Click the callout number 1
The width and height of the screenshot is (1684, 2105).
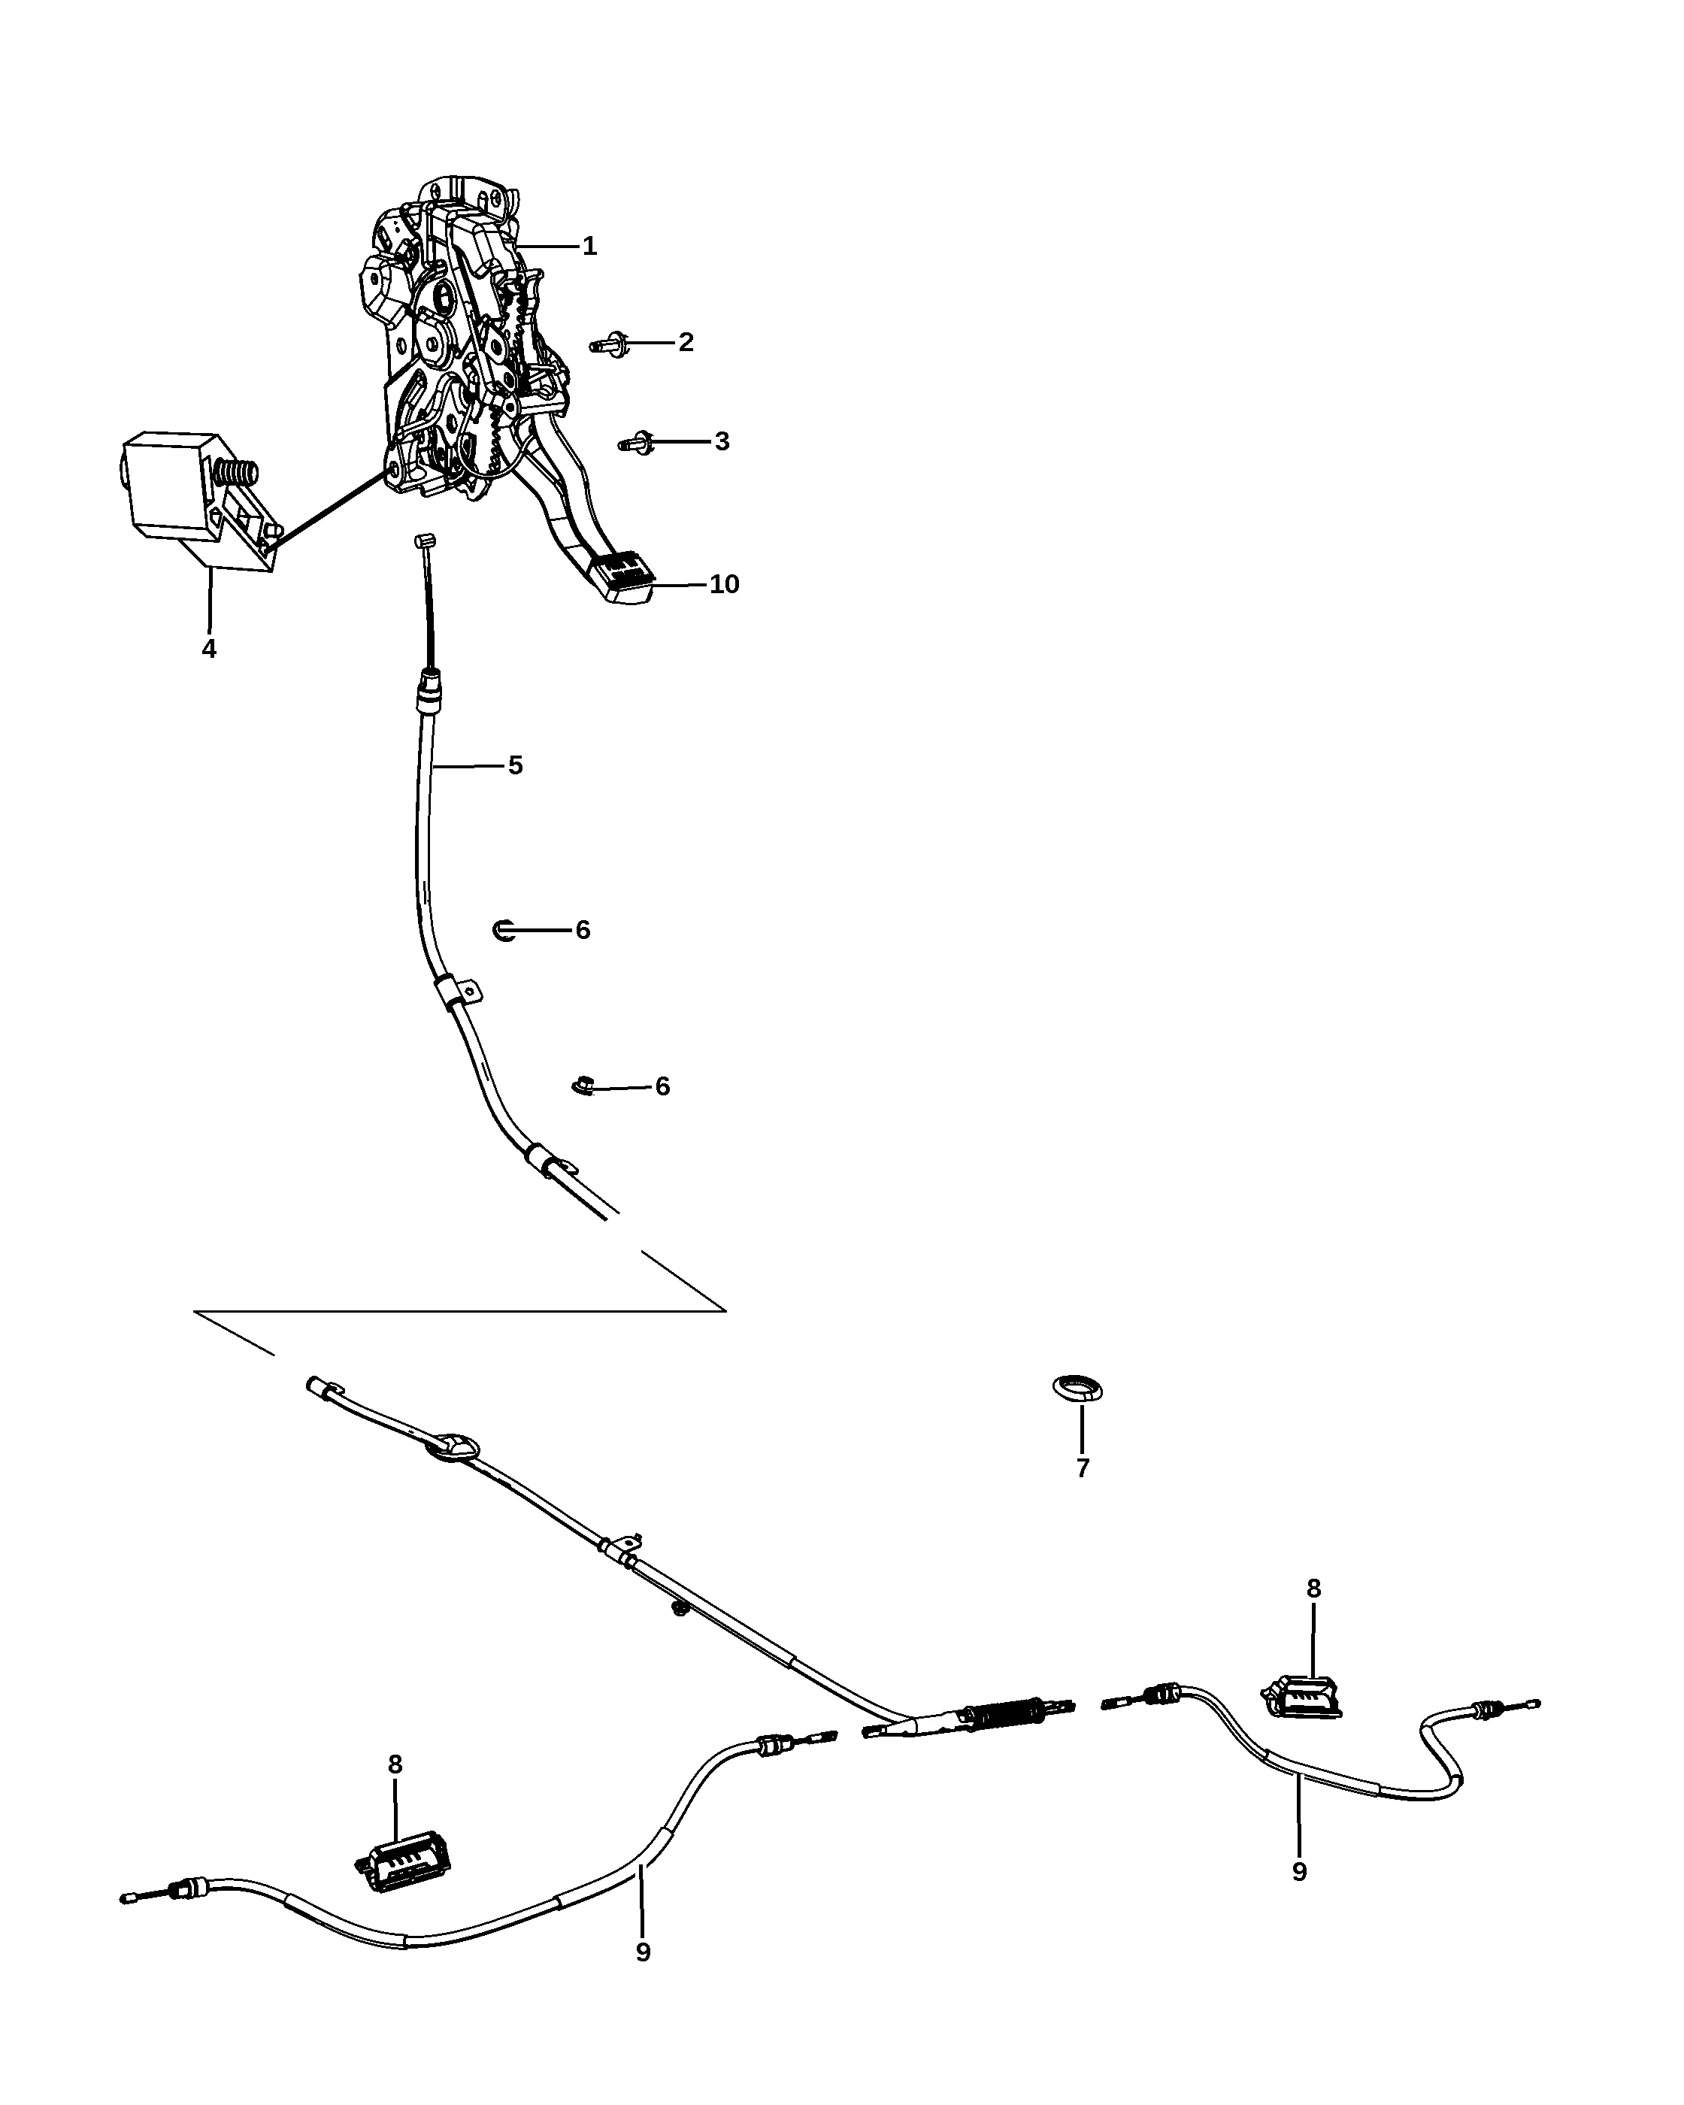click(589, 246)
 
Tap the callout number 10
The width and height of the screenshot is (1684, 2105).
click(725, 584)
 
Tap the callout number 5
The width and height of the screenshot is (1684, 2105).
click(516, 765)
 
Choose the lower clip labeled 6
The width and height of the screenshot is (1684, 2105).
click(583, 1085)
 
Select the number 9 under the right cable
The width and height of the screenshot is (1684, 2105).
click(1299, 1873)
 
